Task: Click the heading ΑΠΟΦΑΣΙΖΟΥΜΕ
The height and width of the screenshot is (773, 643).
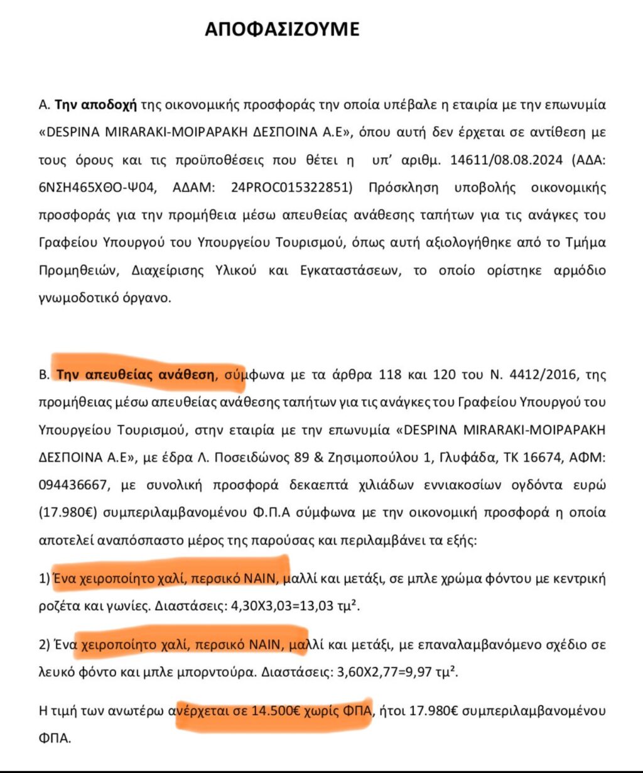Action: click(282, 30)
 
